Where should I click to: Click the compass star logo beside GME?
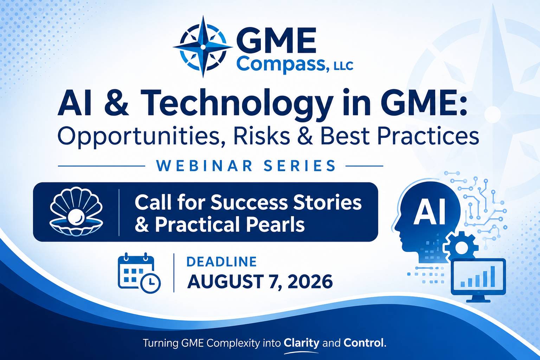click(203, 46)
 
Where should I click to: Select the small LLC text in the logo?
click(343, 66)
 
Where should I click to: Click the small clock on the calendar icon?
click(150, 283)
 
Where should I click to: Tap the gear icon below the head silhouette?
click(461, 246)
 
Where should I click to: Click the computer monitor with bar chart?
click(478, 280)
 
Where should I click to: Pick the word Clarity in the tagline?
click(301, 343)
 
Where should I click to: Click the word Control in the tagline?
click(363, 343)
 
